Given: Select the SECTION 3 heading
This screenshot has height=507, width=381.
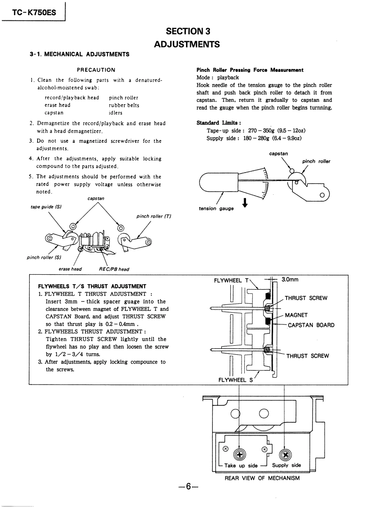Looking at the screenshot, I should click(187, 31).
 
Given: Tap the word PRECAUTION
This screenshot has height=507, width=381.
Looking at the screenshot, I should click(96, 70).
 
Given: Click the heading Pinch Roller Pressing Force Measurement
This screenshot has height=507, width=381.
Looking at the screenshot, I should click(250, 70).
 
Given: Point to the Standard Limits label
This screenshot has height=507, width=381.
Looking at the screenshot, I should click(219, 123).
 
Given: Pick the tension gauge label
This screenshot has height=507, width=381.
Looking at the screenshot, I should click(216, 208).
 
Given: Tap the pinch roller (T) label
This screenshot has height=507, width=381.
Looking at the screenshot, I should click(153, 216).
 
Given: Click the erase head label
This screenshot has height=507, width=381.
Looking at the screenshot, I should click(70, 269).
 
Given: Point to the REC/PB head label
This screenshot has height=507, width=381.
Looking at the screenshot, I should click(114, 269).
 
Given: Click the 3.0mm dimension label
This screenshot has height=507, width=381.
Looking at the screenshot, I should click(290, 279).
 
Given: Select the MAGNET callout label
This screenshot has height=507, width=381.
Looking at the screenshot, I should click(296, 315).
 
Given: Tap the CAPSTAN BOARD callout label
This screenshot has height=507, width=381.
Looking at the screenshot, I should click(311, 325).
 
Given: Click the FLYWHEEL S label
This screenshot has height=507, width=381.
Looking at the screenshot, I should click(235, 380).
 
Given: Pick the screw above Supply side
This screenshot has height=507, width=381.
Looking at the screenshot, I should click(285, 455).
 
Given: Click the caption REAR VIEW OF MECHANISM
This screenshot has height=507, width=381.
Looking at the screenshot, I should click(262, 478).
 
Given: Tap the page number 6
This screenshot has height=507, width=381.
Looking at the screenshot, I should click(188, 487).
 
